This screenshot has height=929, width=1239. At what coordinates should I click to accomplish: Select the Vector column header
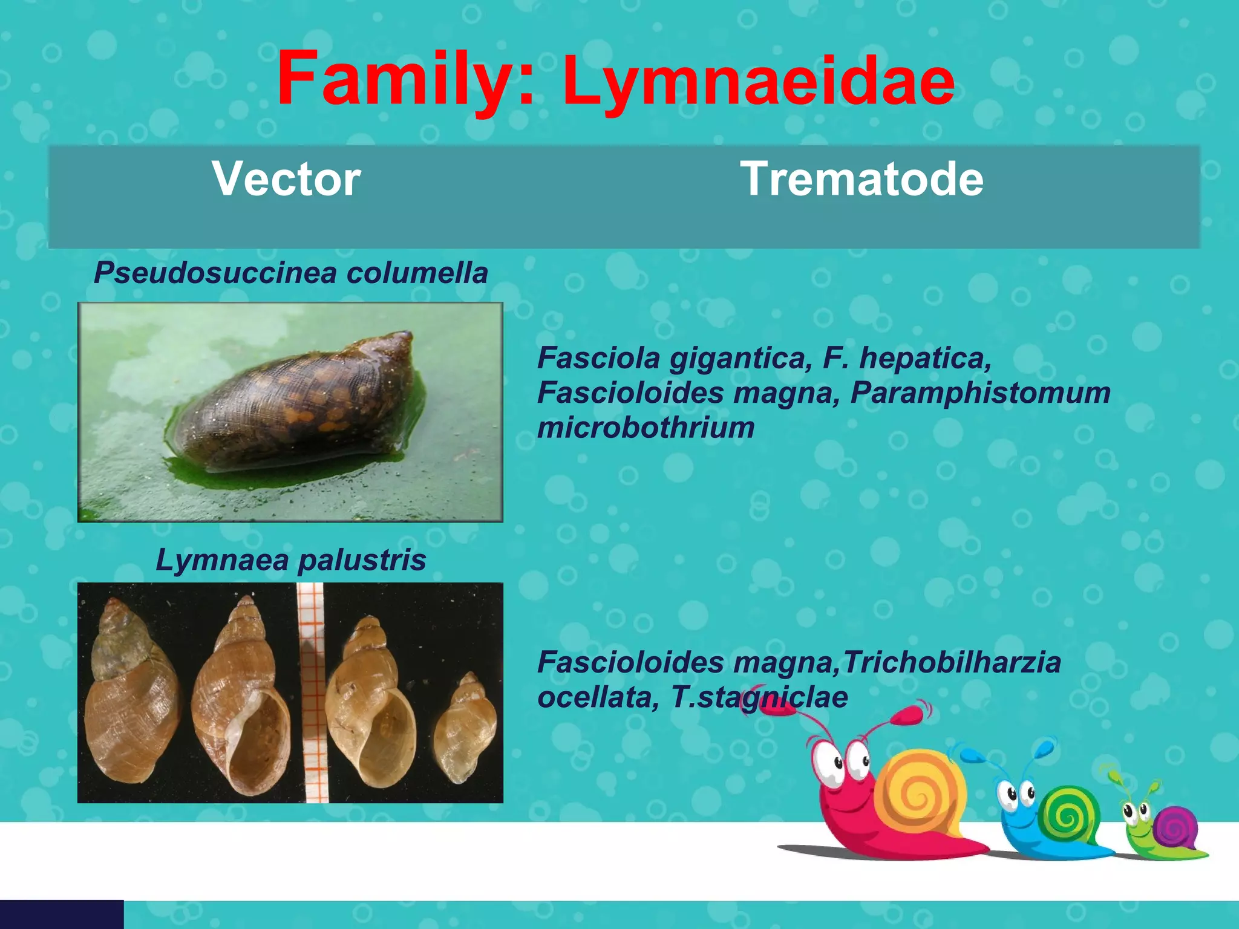coord(286,179)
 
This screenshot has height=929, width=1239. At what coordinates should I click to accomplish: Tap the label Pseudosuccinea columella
coord(290,273)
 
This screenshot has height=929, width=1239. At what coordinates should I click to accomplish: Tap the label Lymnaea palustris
coord(290,560)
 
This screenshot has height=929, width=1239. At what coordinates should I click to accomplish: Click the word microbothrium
coord(646,428)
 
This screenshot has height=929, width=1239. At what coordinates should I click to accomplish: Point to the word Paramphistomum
coord(980,393)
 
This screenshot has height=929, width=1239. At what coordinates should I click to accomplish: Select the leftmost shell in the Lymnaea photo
coord(130,702)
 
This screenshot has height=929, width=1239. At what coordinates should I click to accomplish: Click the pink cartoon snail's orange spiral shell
coord(920,792)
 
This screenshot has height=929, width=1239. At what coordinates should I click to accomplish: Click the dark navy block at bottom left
coord(61,914)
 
